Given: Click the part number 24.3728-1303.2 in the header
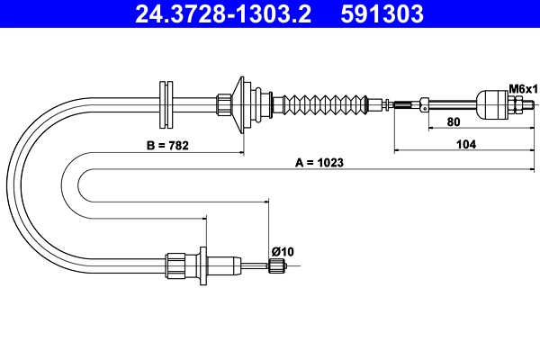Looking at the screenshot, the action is (x=223, y=13).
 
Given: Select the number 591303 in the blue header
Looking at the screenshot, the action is (x=382, y=13).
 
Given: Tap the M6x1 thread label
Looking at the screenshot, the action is (x=523, y=89).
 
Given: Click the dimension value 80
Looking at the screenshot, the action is (x=454, y=121).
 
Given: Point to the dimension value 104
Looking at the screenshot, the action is (x=466, y=144).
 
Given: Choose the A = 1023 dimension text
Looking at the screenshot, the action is (x=319, y=163).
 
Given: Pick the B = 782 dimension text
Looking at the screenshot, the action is (x=167, y=146).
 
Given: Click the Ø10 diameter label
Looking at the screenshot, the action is (x=283, y=251).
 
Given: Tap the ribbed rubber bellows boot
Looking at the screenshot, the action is (x=325, y=104).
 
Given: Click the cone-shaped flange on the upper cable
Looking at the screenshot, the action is (x=238, y=104).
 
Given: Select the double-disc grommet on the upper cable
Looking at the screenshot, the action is (x=166, y=104).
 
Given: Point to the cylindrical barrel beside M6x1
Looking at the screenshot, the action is (x=492, y=104).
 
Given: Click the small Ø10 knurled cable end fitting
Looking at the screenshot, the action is (x=277, y=266).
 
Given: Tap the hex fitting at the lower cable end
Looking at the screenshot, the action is (x=175, y=266).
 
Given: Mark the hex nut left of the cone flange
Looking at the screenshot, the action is (x=224, y=104).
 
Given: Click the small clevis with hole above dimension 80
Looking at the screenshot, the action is (x=424, y=103).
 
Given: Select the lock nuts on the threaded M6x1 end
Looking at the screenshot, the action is (x=516, y=104).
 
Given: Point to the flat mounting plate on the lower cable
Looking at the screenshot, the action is (x=203, y=266).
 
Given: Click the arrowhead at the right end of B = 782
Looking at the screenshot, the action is (x=242, y=153).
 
